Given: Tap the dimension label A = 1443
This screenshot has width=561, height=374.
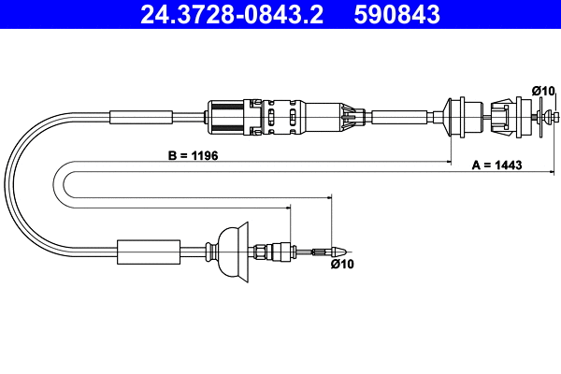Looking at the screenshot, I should (x=496, y=165).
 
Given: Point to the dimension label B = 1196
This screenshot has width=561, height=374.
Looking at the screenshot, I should (x=194, y=155).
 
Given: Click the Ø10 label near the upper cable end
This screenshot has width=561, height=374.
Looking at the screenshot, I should (x=542, y=90).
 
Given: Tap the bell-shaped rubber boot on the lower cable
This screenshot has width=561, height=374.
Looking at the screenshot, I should (x=232, y=251).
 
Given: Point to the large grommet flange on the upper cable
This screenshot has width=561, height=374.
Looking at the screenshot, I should (x=458, y=117).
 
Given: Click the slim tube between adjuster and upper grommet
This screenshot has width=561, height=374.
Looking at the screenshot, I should (x=402, y=117).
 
